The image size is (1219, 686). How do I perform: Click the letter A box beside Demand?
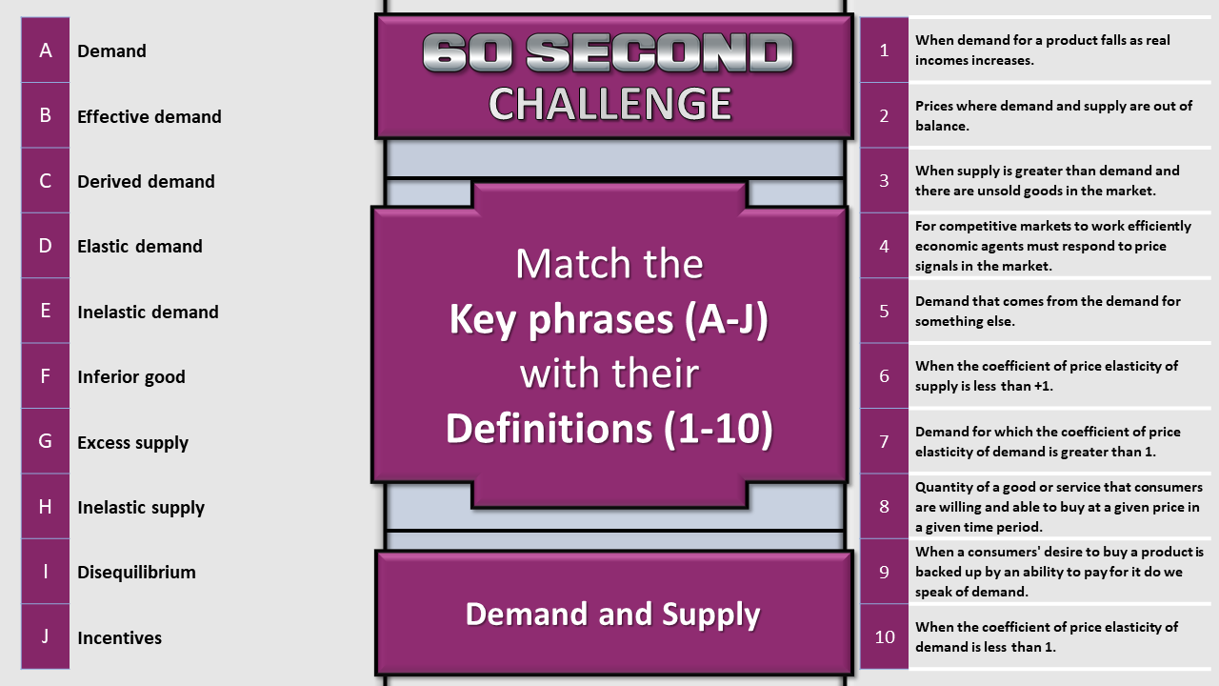click(45, 50)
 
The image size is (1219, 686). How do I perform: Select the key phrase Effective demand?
click(150, 116)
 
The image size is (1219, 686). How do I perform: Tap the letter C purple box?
click(45, 180)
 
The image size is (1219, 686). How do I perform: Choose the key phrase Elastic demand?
click(140, 246)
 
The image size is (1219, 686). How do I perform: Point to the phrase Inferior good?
click(131, 376)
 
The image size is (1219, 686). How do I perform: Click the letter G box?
click(45, 441)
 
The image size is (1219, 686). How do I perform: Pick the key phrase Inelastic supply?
click(141, 508)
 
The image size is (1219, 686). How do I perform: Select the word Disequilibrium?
click(136, 573)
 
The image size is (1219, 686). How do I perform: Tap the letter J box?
click(45, 636)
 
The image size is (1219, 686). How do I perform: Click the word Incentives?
click(120, 637)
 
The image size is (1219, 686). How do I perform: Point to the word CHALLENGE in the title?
click(610, 104)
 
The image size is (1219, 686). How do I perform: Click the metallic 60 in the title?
click(467, 52)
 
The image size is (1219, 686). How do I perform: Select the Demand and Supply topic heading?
click(612, 615)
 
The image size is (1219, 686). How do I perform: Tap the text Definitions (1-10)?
click(609, 429)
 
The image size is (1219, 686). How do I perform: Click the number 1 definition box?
click(885, 50)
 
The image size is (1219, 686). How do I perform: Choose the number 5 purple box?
click(885, 311)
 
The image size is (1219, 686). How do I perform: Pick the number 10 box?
click(885, 636)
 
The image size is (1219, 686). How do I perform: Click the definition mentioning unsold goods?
click(1047, 181)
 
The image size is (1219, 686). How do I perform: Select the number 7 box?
click(885, 441)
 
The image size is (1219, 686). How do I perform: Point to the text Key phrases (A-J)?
click(609, 319)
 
